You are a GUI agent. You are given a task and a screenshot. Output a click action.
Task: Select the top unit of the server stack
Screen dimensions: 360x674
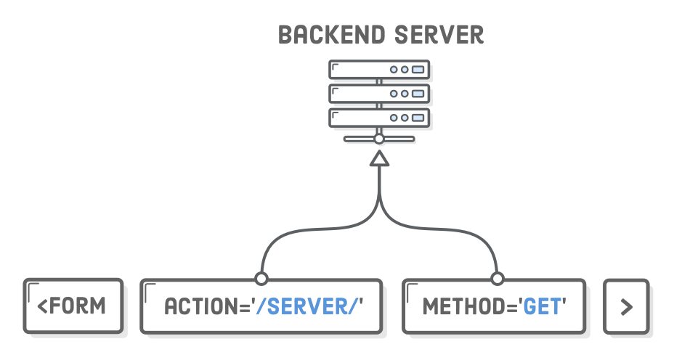(x=378, y=70)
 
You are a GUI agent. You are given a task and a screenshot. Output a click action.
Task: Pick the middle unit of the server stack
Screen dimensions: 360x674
(x=378, y=94)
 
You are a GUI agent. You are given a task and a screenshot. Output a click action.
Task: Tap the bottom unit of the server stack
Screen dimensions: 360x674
(x=378, y=118)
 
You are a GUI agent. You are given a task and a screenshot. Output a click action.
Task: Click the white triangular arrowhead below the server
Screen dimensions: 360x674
(x=379, y=158)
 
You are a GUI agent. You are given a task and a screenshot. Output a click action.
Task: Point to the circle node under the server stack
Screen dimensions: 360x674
(x=379, y=138)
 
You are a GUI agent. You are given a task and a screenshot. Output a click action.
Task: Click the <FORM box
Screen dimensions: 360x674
(x=73, y=306)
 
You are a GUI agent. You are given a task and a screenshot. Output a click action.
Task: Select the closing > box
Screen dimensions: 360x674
(x=626, y=306)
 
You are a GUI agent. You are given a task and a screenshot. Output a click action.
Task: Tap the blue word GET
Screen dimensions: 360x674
(x=542, y=306)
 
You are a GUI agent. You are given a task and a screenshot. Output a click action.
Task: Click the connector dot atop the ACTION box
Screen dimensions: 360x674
(x=261, y=279)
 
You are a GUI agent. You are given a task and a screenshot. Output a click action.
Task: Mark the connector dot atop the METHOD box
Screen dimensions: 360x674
(x=498, y=279)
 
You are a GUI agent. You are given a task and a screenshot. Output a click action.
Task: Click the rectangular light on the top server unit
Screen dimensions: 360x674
(x=418, y=70)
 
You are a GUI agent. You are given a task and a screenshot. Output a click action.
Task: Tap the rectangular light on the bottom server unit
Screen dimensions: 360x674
(x=418, y=118)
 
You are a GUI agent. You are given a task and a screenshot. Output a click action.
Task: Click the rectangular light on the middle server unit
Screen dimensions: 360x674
(x=418, y=94)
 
